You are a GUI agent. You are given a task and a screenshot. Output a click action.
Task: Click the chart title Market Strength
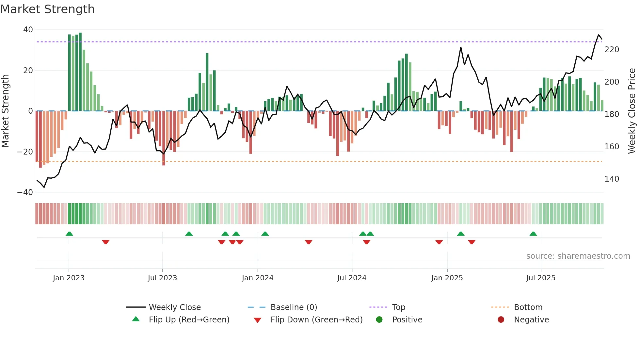click(47, 9)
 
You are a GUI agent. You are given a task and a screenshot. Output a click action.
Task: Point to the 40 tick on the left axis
click(28, 30)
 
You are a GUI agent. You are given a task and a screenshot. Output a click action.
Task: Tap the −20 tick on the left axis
click(25, 152)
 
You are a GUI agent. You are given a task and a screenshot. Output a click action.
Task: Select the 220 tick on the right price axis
click(612, 50)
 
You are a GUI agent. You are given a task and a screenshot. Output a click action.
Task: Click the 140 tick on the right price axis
click(612, 179)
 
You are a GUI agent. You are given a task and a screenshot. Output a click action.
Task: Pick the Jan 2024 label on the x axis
click(258, 278)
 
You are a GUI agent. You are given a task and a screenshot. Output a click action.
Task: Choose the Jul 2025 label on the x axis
click(541, 278)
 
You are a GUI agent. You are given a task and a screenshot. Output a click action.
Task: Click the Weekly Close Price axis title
click(632, 111)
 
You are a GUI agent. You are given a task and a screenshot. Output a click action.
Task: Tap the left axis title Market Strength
click(6, 111)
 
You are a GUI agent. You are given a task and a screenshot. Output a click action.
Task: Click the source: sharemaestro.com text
click(578, 256)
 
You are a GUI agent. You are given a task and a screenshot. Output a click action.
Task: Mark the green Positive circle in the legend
click(379, 319)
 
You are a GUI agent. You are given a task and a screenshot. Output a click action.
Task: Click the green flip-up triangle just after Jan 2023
click(69, 234)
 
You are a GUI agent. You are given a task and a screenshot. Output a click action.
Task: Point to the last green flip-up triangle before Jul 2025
click(533, 234)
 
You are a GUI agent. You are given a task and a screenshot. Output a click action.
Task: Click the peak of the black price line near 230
click(599, 35)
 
